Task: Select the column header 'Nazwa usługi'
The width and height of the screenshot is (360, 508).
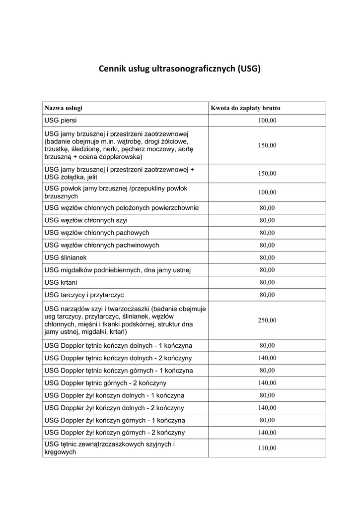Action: coord(64,108)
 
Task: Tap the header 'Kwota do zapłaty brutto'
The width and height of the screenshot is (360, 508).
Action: coord(245,108)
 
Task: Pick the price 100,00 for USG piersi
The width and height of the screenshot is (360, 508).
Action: coord(267,121)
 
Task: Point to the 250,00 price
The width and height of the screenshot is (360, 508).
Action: coord(267,320)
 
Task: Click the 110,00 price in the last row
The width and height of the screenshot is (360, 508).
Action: coord(267,448)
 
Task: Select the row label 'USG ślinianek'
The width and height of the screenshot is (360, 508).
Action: coord(66,257)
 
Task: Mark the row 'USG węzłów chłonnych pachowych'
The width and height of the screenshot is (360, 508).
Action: coord(97,232)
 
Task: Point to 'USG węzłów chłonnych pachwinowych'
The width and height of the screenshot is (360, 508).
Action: coord(102,245)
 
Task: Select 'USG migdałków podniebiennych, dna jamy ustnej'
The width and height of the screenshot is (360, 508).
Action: coord(118,270)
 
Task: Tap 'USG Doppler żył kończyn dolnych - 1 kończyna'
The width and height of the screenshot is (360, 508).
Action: coord(114,395)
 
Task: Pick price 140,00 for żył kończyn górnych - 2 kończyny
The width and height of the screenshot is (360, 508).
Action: coord(267,433)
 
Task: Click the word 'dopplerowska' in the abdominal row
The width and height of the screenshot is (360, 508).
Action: coord(120,157)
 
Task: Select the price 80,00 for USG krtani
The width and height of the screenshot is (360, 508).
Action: coord(267,282)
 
